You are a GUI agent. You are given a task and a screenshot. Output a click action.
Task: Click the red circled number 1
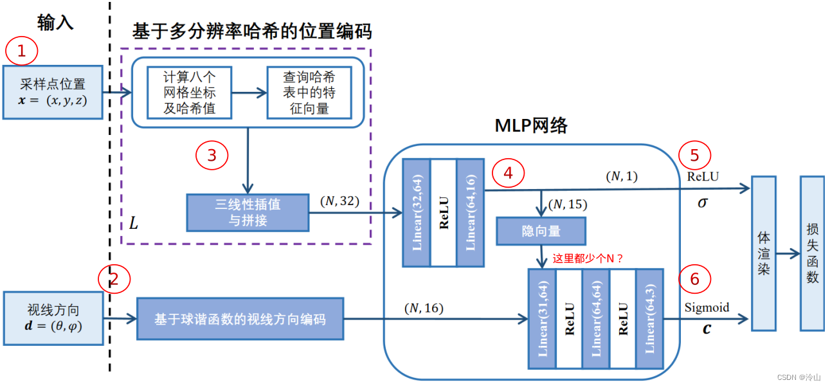[23, 51]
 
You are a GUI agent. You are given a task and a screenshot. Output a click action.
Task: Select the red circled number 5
[694, 155]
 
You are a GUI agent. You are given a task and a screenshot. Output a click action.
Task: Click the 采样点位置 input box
[53, 92]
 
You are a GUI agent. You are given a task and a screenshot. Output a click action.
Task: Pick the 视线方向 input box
[53, 318]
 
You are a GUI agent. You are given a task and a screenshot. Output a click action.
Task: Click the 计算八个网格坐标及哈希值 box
[189, 92]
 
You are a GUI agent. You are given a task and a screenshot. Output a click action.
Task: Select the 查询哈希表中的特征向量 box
[309, 92]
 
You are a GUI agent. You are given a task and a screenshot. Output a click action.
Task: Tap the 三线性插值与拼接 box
[248, 212]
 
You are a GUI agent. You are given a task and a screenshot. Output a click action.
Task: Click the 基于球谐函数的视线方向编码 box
[240, 318]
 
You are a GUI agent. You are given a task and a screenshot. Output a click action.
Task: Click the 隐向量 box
[541, 231]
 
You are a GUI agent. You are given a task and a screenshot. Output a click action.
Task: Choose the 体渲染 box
[764, 253]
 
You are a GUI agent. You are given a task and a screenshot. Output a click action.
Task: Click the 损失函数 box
[812, 253]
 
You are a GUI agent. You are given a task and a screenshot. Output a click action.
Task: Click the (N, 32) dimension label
[339, 201]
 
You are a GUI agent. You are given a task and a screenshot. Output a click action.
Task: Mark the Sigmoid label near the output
[707, 307]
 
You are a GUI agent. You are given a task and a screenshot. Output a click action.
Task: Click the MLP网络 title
[531, 125]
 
